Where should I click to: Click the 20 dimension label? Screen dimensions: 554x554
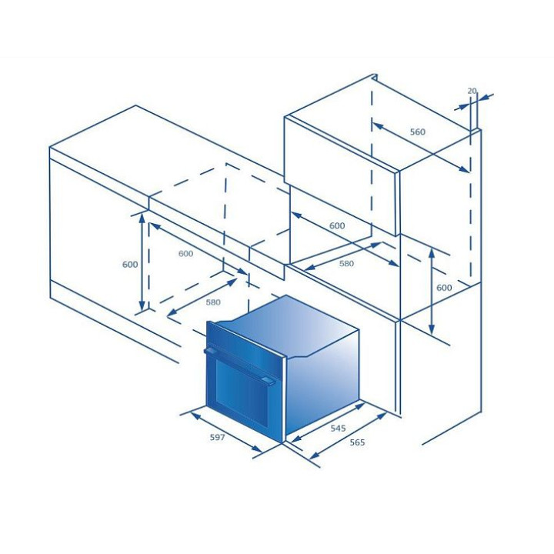click(x=472, y=91)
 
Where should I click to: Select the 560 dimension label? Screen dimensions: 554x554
click(x=418, y=132)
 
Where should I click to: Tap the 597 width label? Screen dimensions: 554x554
click(x=217, y=437)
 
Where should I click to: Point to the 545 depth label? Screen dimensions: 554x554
click(x=338, y=429)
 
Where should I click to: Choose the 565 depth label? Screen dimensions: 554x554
click(x=357, y=442)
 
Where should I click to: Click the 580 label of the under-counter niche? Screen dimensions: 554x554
click(x=213, y=302)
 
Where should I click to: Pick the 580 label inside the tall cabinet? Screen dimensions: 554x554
click(x=346, y=263)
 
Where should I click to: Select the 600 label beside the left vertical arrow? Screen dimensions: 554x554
click(x=130, y=264)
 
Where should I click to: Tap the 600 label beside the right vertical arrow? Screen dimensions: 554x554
click(x=444, y=288)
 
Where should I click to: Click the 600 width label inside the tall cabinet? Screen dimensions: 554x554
click(x=337, y=225)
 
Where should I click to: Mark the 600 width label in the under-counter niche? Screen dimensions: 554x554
click(x=186, y=253)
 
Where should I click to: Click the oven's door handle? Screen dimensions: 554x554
click(x=240, y=365)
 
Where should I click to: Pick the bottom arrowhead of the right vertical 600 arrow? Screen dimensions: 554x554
click(x=432, y=329)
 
